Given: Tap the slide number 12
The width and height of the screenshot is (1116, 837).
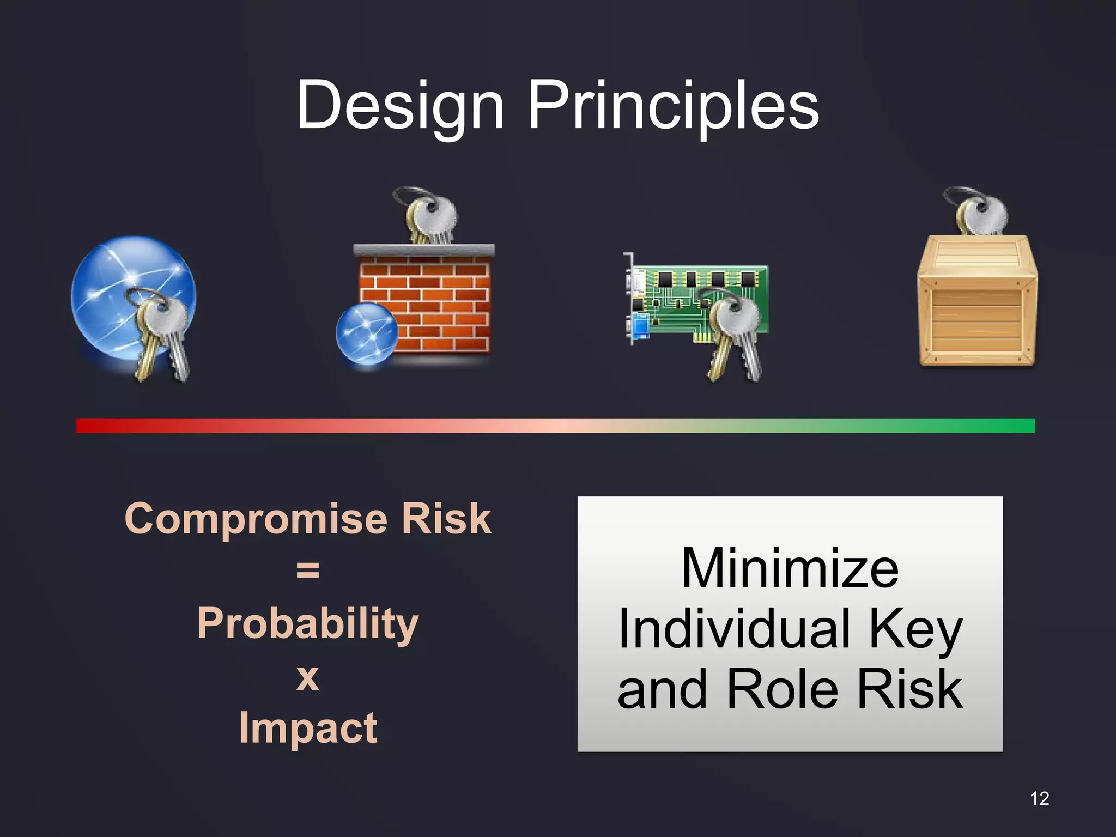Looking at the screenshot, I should [x=1039, y=798].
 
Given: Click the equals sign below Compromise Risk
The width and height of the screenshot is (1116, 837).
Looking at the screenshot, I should [x=308, y=570].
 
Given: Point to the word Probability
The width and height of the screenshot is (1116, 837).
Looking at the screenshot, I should [x=308, y=623].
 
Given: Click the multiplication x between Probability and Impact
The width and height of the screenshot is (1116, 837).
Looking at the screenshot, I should [x=308, y=677].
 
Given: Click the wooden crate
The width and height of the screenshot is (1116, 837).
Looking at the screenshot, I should [x=977, y=305].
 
